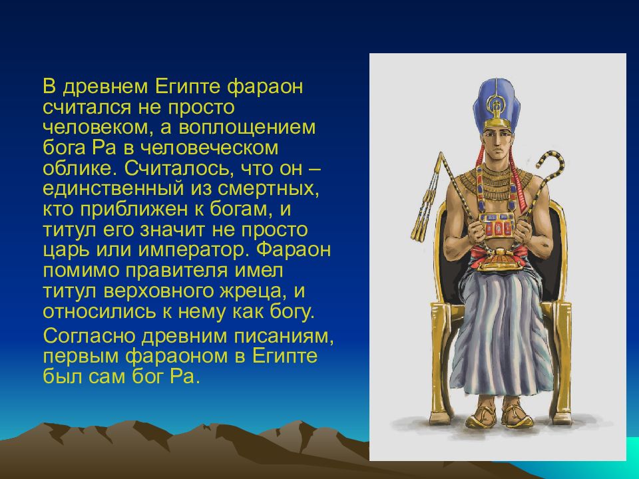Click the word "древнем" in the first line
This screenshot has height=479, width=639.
click(106, 87)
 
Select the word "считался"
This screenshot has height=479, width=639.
click(87, 108)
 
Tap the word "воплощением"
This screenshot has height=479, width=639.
click(247, 128)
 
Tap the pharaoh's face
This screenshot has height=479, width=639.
click(496, 144)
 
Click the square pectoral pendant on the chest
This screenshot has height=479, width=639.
click(497, 226)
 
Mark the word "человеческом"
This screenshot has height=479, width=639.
click(209, 148)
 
